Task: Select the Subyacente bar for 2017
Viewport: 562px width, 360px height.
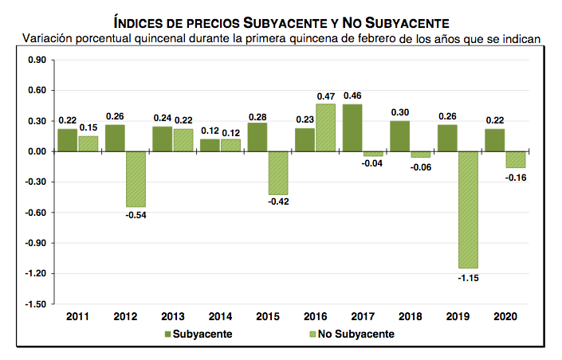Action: coord(352,127)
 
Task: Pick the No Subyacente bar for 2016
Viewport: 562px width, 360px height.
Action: coord(326,127)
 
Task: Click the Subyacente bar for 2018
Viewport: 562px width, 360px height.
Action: coord(400,136)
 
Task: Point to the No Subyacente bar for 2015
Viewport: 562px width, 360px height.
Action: coord(278,173)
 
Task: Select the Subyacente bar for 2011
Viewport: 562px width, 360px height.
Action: coord(67,140)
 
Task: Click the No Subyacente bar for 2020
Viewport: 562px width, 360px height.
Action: coord(516,159)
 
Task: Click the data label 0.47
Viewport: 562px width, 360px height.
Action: coord(326,96)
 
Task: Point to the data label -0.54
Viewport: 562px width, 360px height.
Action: coord(136,215)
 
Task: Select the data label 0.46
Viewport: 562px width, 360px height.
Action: coord(352,96)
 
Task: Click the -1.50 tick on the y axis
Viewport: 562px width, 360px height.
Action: coord(37,304)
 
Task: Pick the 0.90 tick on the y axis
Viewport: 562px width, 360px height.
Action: coord(37,60)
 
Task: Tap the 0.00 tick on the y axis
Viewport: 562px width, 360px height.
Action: coord(37,151)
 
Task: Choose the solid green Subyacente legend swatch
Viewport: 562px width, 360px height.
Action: coord(168,334)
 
